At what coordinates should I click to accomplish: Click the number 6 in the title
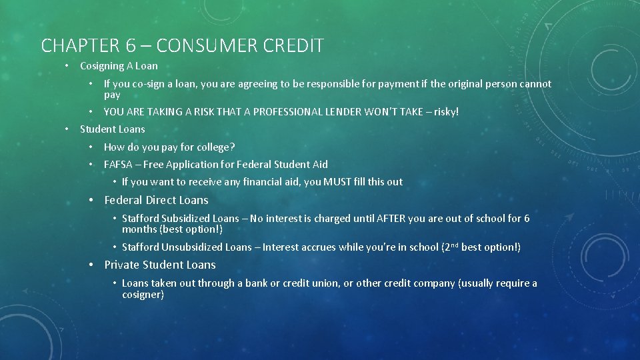tap(131, 45)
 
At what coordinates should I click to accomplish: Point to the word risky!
tap(447, 112)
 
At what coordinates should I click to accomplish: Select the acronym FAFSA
tap(118, 164)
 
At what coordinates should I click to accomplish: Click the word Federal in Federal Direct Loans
tap(123, 200)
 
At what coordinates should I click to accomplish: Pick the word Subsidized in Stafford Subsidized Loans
tap(186, 218)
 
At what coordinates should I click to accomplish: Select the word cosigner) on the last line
tap(143, 294)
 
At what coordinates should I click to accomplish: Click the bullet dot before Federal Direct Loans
tap(93, 200)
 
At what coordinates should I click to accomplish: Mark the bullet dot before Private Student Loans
tap(93, 265)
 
